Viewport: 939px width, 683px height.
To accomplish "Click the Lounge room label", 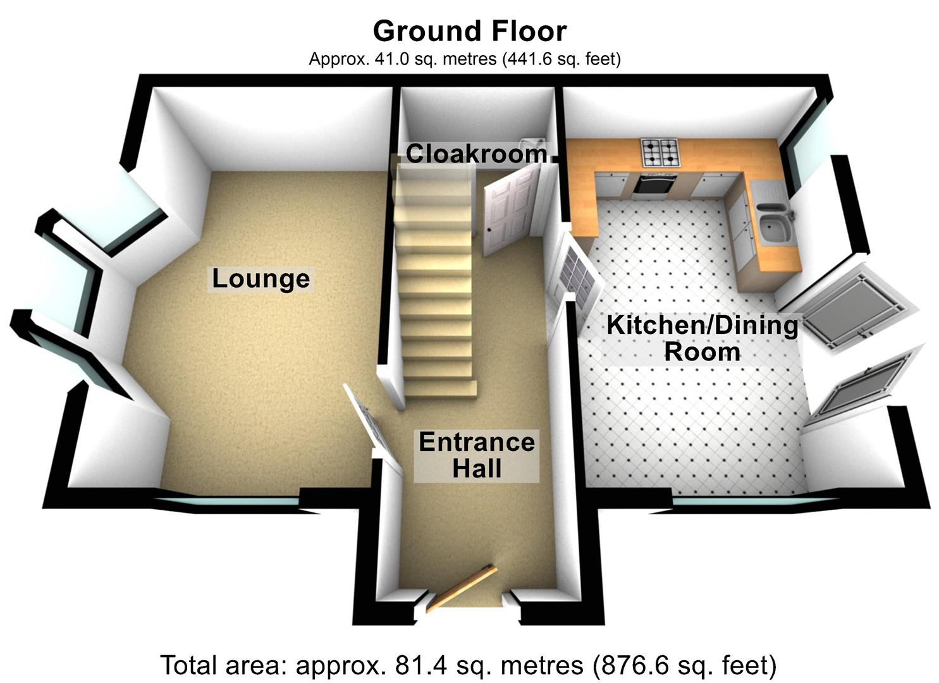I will click(261, 279).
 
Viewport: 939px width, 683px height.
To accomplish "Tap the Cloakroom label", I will click(476, 154).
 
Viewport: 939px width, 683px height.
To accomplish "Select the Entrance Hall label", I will click(477, 455).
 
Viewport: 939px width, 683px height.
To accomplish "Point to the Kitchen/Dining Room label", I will click(702, 338).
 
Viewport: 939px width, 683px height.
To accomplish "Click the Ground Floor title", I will click(469, 30).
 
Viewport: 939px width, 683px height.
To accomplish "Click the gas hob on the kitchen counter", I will click(660, 151).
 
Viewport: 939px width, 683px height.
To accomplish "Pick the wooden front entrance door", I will click(460, 588).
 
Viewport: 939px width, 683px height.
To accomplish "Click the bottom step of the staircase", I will click(440, 387).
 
